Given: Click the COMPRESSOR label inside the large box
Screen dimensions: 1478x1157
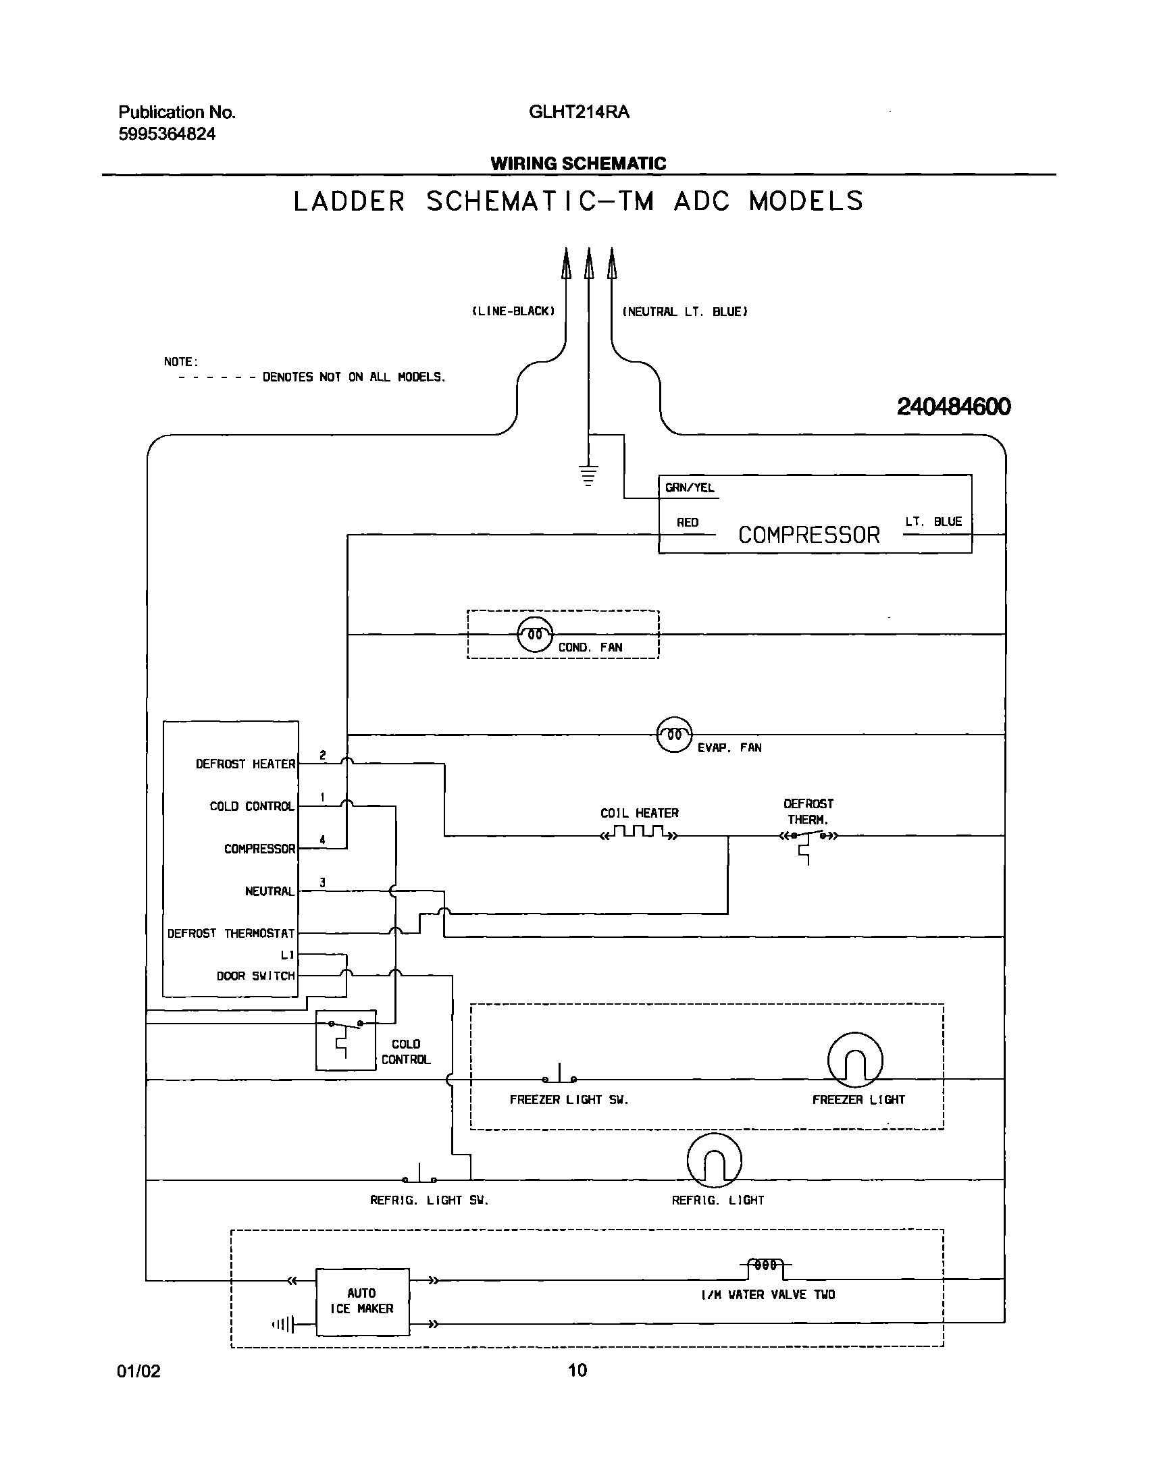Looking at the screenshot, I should tap(808, 535).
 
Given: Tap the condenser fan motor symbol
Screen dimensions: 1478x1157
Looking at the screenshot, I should tap(534, 635).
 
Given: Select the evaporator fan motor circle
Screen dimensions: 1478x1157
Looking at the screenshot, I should tap(674, 734).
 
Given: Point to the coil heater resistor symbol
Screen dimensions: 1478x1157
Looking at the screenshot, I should tap(639, 833).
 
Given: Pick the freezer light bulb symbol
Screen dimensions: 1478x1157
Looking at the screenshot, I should tap(855, 1059).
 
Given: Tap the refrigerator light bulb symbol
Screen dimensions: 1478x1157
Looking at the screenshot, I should tap(714, 1161).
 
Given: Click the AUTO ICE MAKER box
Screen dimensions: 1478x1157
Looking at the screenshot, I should tap(363, 1301).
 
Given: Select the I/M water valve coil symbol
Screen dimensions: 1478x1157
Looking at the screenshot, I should tap(765, 1265).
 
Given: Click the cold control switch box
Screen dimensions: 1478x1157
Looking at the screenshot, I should tap(345, 1040).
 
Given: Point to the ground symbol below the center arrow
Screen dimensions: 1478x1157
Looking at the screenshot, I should tap(589, 476).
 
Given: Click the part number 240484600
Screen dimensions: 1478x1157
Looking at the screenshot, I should tap(953, 406).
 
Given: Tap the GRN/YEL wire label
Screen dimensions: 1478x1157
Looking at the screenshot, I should tap(689, 487).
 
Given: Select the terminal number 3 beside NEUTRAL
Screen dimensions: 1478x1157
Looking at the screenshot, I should tap(322, 882).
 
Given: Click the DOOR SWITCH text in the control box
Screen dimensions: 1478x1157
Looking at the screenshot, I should tap(255, 976).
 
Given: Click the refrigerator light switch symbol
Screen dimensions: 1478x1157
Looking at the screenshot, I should tap(419, 1177).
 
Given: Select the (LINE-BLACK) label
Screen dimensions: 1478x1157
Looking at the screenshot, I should tap(513, 311).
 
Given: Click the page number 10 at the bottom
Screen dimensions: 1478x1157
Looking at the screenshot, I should tap(577, 1371).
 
